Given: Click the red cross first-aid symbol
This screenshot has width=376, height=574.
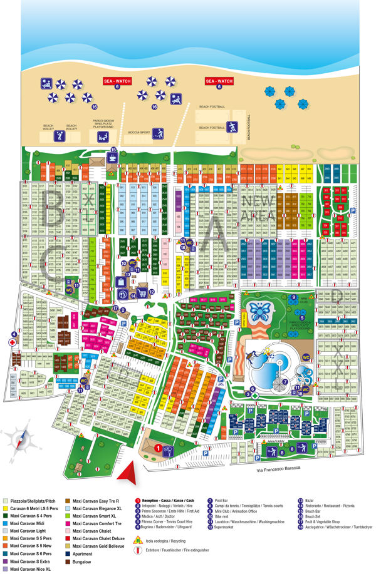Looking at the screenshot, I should (x=11, y=343).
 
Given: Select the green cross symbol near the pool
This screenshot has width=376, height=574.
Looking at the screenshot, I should (x=256, y=396).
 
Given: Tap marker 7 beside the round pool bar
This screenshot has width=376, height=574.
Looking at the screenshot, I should (x=285, y=381).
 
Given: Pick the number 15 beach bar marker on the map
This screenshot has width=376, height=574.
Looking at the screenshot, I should (x=113, y=150).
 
